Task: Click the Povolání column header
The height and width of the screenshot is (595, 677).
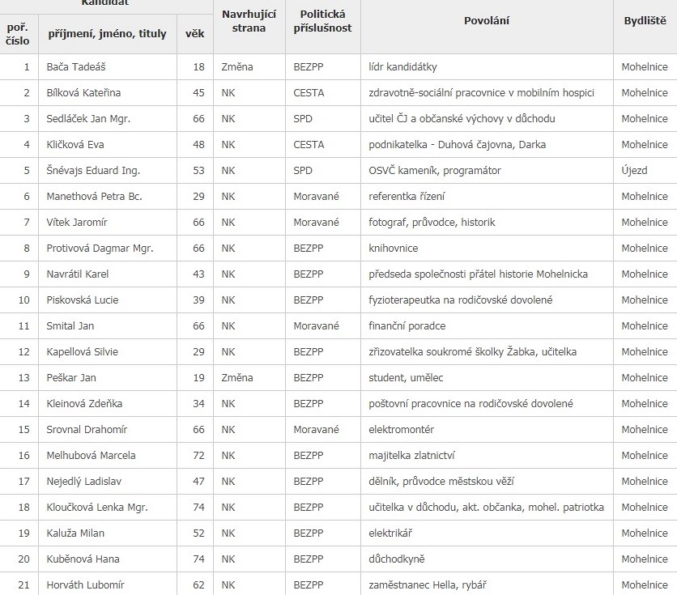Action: pyautogui.click(x=487, y=21)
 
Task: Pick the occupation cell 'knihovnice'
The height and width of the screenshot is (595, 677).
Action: pyautogui.click(x=394, y=249)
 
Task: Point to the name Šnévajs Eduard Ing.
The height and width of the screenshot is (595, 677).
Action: pyautogui.click(x=94, y=171)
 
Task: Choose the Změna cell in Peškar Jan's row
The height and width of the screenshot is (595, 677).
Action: pyautogui.click(x=237, y=378)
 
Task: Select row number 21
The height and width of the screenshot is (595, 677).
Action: pyautogui.click(x=27, y=585)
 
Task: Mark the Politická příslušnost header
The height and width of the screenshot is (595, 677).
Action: pyautogui.click(x=322, y=21)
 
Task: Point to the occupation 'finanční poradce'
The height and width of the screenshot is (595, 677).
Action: pyautogui.click(x=407, y=326)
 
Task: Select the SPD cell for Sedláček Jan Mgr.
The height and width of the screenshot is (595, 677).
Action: pyautogui.click(x=304, y=119)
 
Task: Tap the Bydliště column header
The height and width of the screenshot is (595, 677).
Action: pyautogui.click(x=645, y=21)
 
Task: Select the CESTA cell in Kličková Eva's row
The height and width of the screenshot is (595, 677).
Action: pyautogui.click(x=309, y=145)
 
